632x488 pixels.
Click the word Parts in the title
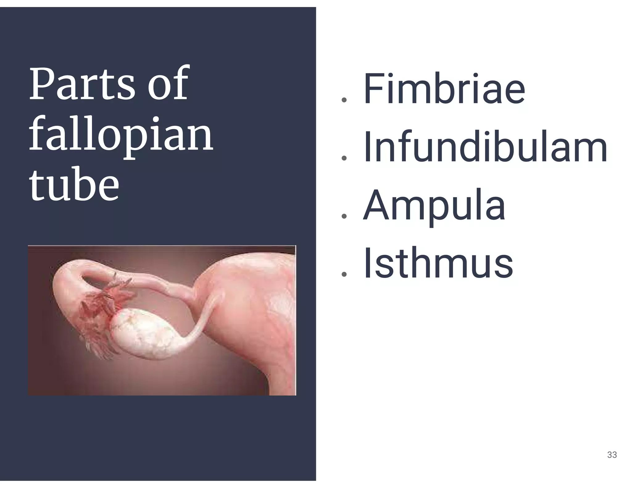point(82,84)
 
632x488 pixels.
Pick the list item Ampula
point(434,206)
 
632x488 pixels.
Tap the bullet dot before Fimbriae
point(344,100)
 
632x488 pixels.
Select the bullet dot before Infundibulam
point(344,158)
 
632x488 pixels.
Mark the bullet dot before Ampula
point(344,216)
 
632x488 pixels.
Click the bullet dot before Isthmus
point(344,274)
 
